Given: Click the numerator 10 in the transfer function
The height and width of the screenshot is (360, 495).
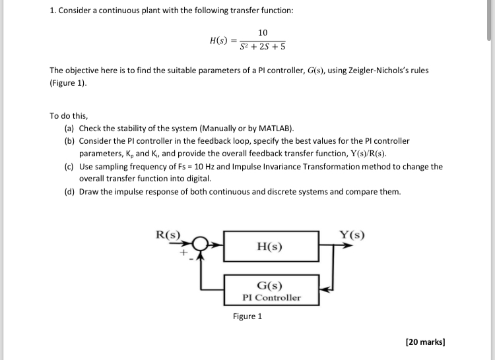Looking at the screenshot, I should tap(263, 33).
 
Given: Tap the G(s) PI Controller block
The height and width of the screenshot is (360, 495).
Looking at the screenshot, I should tap(271, 291).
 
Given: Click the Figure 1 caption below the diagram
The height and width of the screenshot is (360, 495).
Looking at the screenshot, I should tap(247, 316).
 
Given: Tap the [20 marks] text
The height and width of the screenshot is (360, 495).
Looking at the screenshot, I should tap(425, 342).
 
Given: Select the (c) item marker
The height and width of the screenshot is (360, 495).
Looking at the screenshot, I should tap(69, 167).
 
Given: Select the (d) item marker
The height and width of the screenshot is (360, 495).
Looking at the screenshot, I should tap(69, 192).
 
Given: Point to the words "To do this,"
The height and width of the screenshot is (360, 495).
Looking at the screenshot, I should tap(69, 115).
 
